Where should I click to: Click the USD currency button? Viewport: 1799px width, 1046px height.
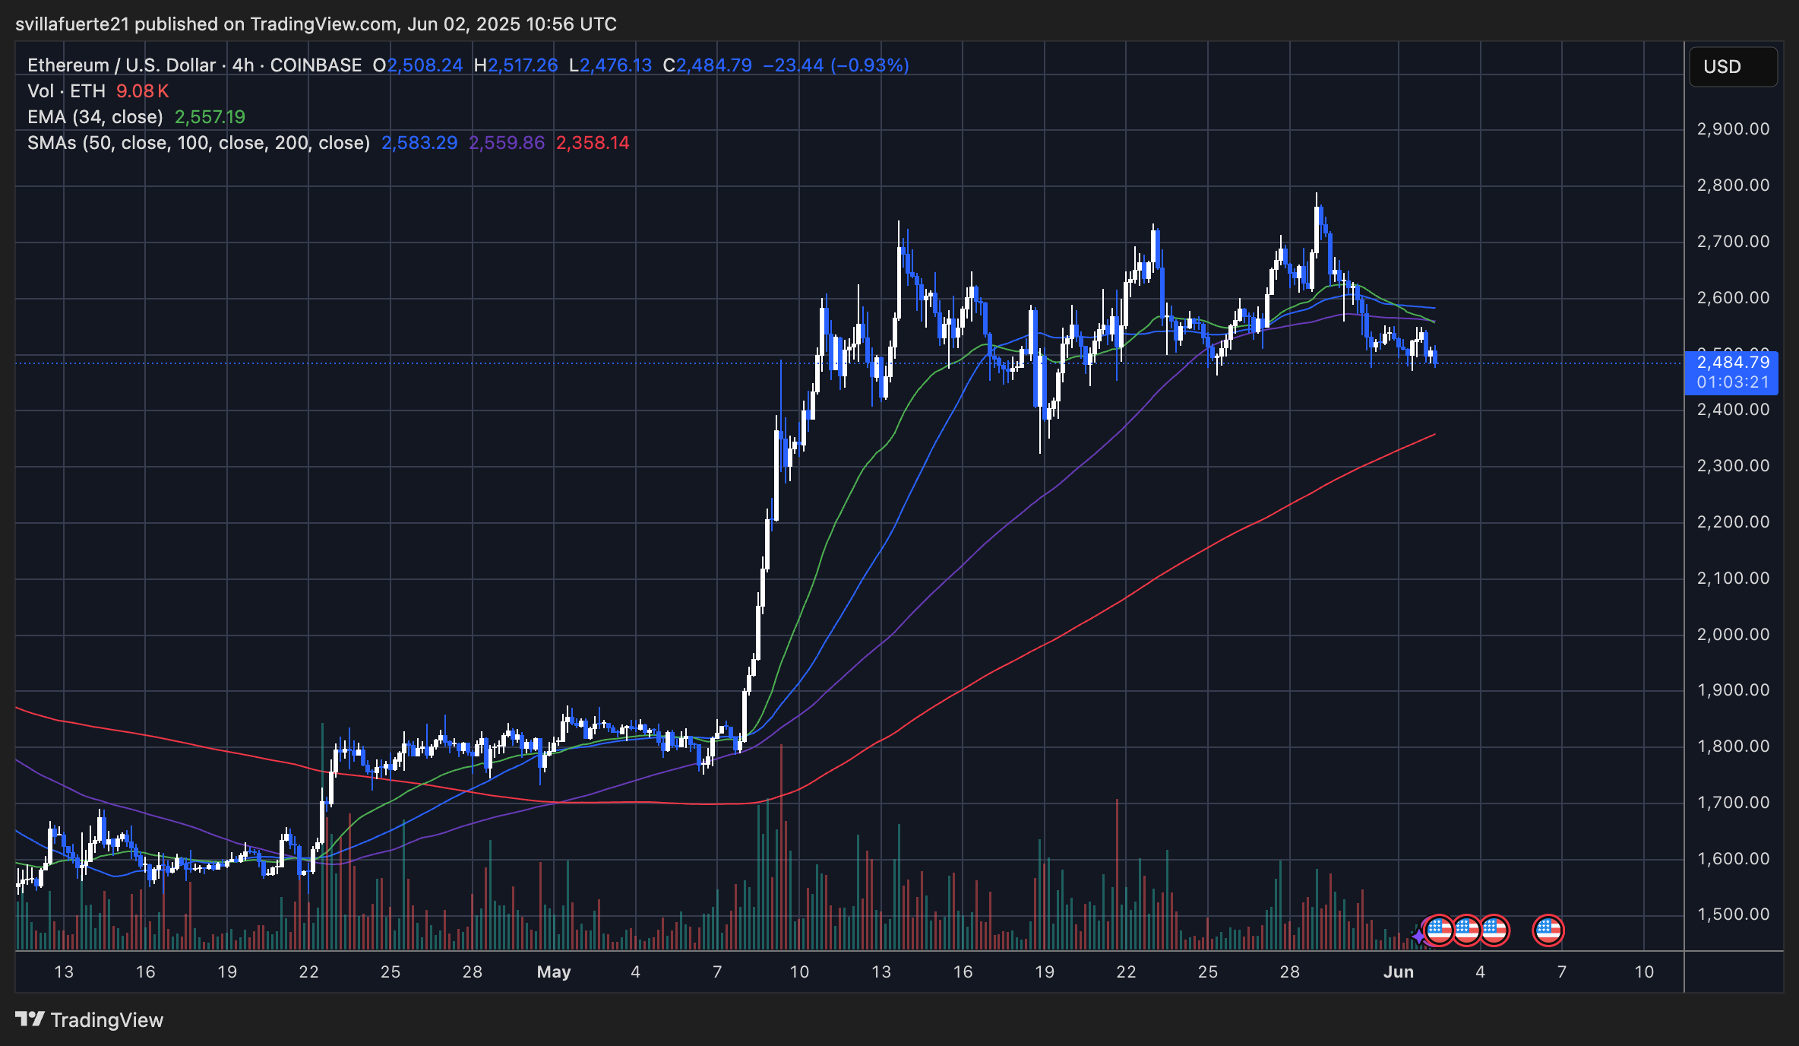pos(1731,67)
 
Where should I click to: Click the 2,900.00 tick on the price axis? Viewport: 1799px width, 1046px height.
pos(1733,129)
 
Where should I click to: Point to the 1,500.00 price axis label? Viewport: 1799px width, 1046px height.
pos(1733,914)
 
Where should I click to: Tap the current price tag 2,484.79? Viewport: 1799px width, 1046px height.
pos(1733,363)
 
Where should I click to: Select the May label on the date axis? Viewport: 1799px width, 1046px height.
pos(553,972)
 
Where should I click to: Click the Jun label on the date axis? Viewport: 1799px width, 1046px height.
pos(1398,972)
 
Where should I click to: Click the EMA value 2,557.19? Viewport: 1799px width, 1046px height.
pos(210,117)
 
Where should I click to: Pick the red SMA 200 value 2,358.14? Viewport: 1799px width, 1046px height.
pos(593,143)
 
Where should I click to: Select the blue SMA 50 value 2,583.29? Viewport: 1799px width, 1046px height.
pos(419,143)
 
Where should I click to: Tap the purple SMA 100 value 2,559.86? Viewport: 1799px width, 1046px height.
pos(507,143)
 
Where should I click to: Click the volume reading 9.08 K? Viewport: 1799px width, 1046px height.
pos(142,91)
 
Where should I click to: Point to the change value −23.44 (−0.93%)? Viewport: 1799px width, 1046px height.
pos(836,65)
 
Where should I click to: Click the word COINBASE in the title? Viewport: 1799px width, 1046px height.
pos(316,65)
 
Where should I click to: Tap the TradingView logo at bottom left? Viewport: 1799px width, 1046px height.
pos(90,1019)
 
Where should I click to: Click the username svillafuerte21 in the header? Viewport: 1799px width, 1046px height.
pos(72,24)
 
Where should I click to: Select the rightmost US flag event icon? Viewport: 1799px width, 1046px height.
pos(1548,930)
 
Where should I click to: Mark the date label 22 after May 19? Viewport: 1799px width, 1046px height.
pos(1126,972)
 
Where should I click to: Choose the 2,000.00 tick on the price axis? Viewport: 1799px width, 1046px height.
pos(1733,634)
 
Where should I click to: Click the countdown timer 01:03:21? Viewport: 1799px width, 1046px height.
pos(1733,382)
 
